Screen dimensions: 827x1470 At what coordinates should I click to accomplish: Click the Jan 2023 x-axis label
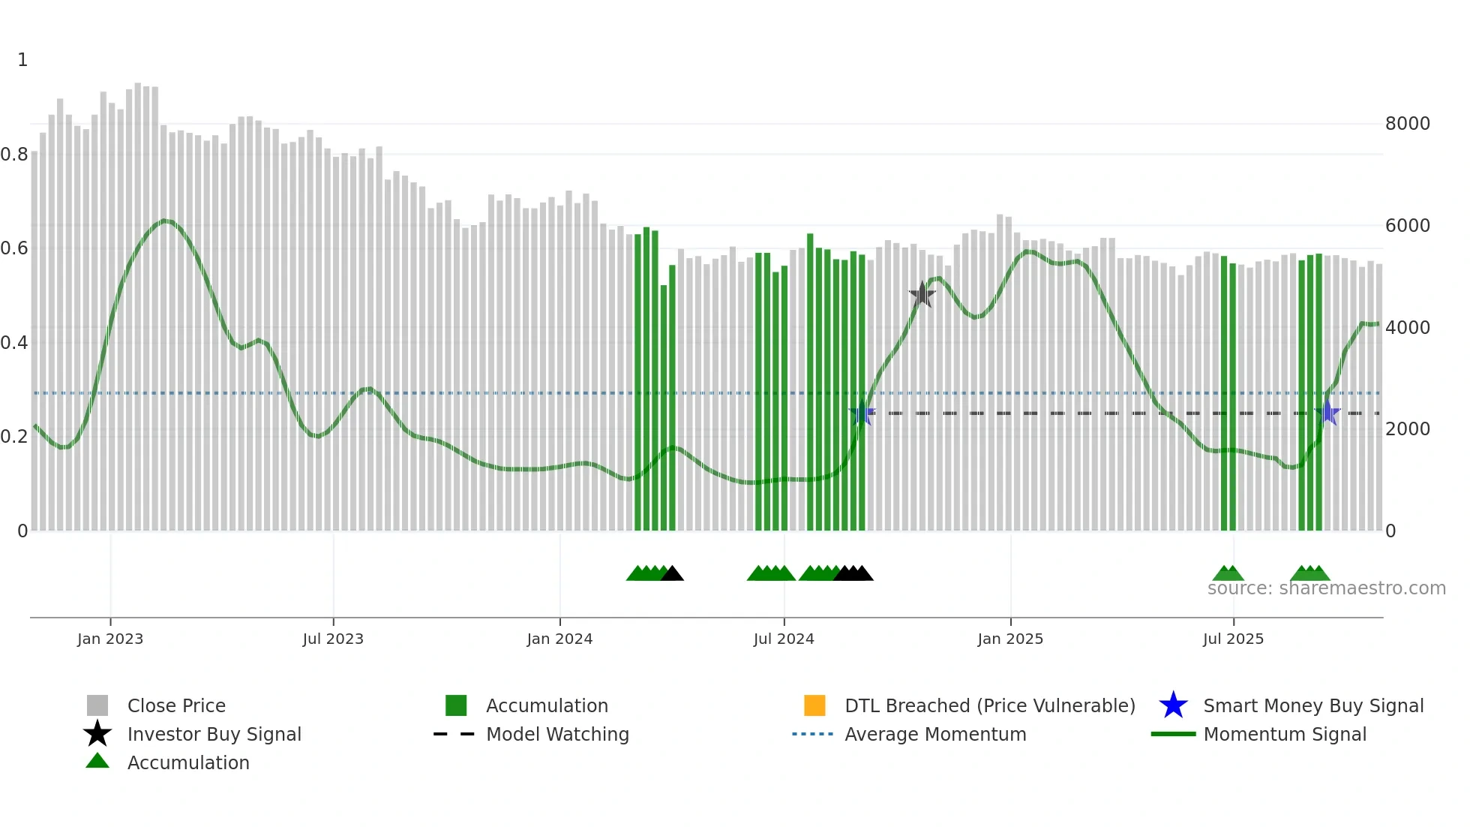click(x=109, y=639)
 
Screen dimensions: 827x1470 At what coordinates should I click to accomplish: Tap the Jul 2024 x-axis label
click(x=783, y=639)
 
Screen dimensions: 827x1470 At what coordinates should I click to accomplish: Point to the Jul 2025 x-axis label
click(x=1233, y=639)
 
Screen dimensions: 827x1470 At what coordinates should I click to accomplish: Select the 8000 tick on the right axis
click(x=1407, y=123)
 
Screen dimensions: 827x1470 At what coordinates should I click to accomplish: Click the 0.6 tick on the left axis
click(x=14, y=248)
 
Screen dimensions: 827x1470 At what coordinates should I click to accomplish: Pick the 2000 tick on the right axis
click(x=1407, y=429)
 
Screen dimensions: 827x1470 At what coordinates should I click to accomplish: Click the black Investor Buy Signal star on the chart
click(x=922, y=294)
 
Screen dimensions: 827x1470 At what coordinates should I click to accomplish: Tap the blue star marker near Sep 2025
click(x=1327, y=412)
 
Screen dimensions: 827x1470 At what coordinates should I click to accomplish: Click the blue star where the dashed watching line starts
click(x=862, y=413)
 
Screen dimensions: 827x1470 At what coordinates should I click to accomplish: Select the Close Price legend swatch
click(x=97, y=705)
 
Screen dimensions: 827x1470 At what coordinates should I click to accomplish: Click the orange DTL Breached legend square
click(x=814, y=705)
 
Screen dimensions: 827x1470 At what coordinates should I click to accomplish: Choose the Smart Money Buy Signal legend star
click(x=1173, y=705)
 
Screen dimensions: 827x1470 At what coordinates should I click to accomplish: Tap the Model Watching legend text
click(x=557, y=734)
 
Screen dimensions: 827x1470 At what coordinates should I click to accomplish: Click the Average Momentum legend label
click(x=935, y=734)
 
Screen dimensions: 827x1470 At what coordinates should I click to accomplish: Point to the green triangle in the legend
click(x=97, y=761)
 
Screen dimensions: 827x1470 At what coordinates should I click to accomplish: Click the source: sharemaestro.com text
click(x=1326, y=588)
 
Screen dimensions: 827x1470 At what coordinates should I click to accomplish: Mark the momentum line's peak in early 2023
click(x=165, y=221)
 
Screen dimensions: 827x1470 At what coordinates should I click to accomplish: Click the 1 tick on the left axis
click(x=22, y=59)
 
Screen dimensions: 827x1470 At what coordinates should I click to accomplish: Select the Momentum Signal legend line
click(x=1173, y=734)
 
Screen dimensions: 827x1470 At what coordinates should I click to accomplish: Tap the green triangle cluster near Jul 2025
click(x=1228, y=574)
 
